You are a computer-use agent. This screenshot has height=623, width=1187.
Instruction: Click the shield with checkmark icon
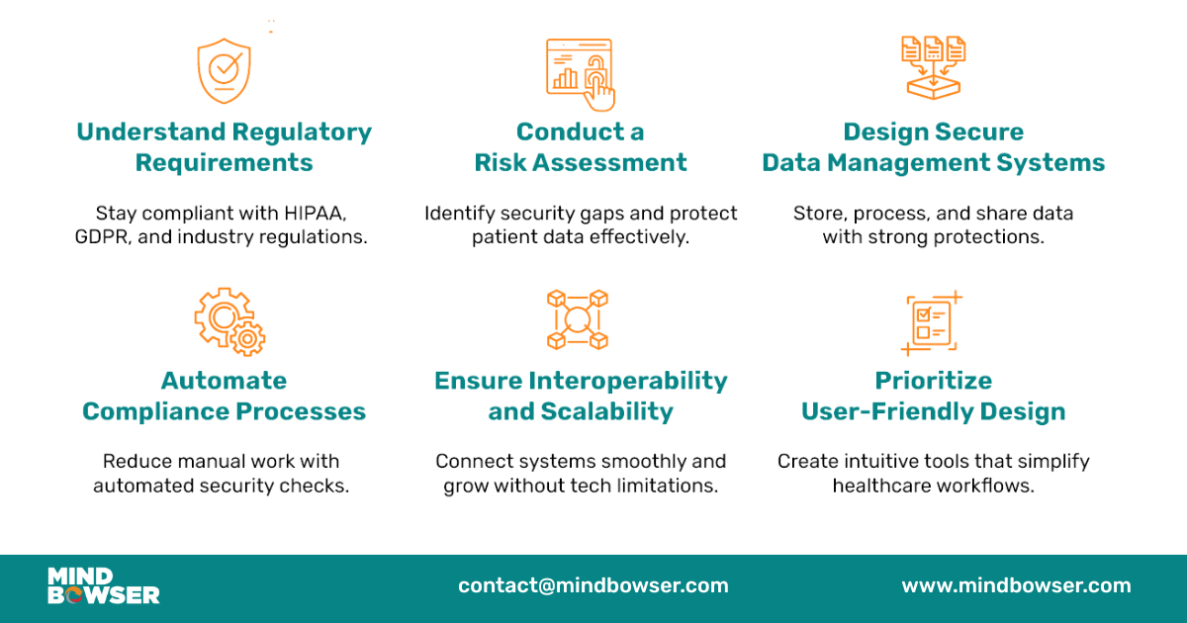coord(225,70)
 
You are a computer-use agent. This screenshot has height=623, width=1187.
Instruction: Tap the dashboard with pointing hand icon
coord(581,73)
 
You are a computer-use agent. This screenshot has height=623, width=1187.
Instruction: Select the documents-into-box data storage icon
coord(933,66)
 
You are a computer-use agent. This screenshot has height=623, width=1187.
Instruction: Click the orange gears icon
coord(229,321)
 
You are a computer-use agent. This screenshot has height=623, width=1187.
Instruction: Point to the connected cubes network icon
coord(578,319)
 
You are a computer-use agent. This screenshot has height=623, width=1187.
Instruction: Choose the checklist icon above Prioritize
coord(932,322)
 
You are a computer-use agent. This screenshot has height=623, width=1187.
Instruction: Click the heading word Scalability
coord(606,411)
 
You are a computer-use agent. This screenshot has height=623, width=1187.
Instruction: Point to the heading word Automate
coord(225,381)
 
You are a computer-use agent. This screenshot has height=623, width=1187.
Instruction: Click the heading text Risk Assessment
coord(581,163)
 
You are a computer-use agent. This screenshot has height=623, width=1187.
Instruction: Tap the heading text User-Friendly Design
coord(933,411)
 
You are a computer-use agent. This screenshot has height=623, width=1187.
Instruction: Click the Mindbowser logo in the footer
coord(103,585)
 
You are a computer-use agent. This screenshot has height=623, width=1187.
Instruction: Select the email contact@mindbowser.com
coord(593,585)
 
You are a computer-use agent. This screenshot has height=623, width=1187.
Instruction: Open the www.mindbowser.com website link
coord(1016,585)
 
